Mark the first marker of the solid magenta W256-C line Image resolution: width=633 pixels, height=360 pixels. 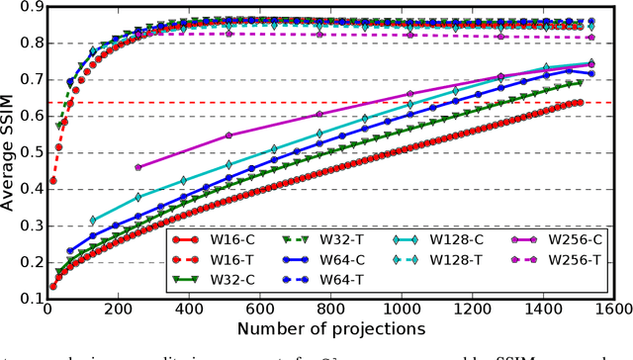pyautogui.click(x=137, y=168)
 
